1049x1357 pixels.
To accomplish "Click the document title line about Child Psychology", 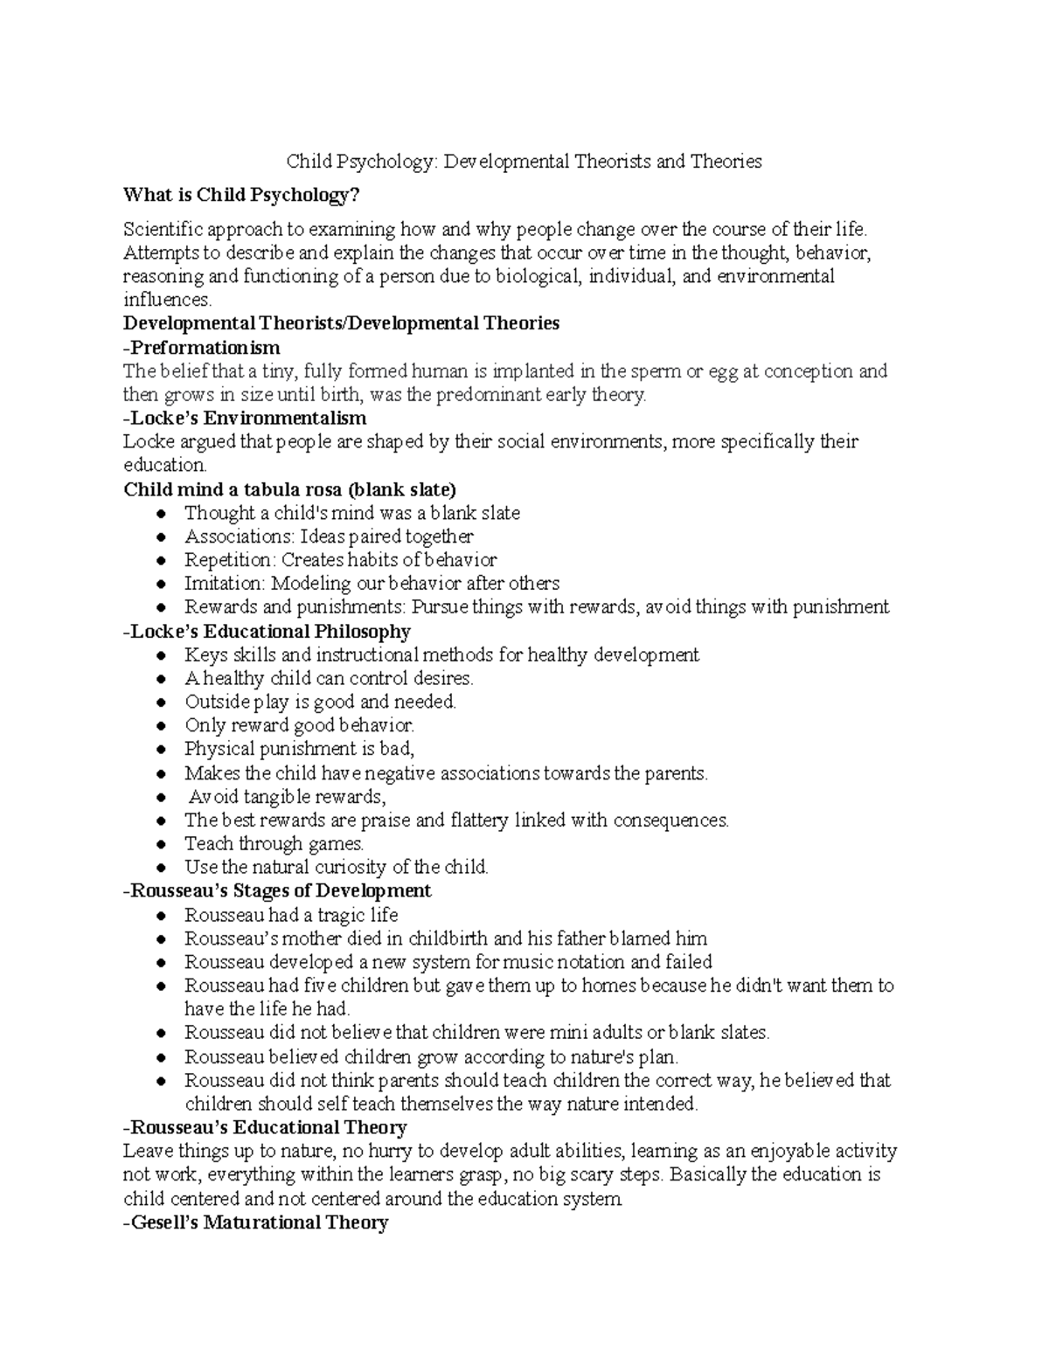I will pyautogui.click(x=524, y=162).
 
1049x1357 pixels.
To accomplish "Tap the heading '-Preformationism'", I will pyautogui.click(x=202, y=348).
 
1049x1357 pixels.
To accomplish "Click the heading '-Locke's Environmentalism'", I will pyautogui.click(x=245, y=418).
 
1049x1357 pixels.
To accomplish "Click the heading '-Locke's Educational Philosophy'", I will pyautogui.click(x=267, y=631).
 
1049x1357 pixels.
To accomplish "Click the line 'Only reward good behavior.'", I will pyautogui.click(x=299, y=725).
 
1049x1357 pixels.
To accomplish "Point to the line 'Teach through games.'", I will pyautogui.click(x=274, y=844).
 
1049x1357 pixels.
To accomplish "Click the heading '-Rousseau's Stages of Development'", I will pyautogui.click(x=277, y=891).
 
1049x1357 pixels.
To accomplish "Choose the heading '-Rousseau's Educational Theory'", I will pyautogui.click(x=265, y=1127).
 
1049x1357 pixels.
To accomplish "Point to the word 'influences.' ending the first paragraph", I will pyautogui.click(x=167, y=301).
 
